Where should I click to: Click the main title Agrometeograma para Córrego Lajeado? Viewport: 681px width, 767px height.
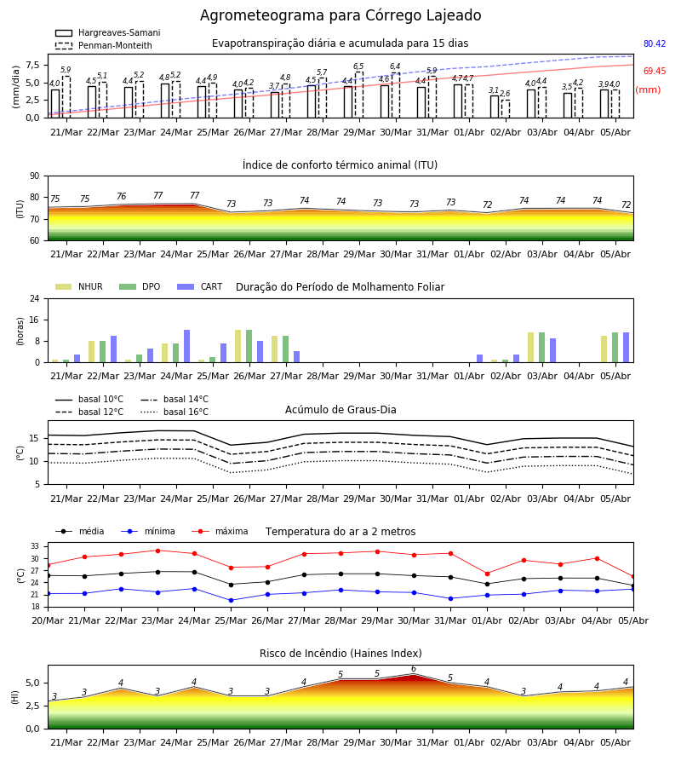click(x=340, y=15)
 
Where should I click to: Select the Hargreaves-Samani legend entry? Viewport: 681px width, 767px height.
click(x=107, y=32)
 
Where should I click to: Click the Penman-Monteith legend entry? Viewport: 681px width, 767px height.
click(x=104, y=45)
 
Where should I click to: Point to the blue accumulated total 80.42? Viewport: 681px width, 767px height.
click(x=655, y=43)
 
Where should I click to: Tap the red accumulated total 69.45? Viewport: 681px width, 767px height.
click(x=655, y=71)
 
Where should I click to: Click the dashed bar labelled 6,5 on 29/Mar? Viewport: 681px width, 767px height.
click(x=359, y=95)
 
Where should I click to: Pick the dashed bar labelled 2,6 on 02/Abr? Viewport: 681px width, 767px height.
click(x=506, y=108)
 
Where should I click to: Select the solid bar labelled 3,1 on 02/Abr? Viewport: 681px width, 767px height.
click(x=495, y=107)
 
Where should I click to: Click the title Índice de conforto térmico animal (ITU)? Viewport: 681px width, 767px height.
click(x=340, y=164)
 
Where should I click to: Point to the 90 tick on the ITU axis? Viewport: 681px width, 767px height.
click(x=34, y=176)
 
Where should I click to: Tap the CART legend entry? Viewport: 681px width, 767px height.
click(x=200, y=286)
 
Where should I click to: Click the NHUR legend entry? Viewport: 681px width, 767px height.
click(x=78, y=286)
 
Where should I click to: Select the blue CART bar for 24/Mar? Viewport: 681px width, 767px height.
click(x=186, y=346)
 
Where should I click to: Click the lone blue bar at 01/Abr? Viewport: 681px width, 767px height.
click(x=480, y=359)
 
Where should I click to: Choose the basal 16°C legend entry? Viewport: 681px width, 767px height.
click(x=175, y=412)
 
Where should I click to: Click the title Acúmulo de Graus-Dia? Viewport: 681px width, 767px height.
click(x=340, y=409)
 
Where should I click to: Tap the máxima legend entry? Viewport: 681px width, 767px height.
click(x=220, y=531)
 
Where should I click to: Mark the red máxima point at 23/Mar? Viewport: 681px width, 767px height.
click(x=157, y=551)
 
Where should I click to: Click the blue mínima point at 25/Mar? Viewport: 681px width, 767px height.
click(x=231, y=600)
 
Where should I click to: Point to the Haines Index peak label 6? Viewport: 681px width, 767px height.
click(x=414, y=669)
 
